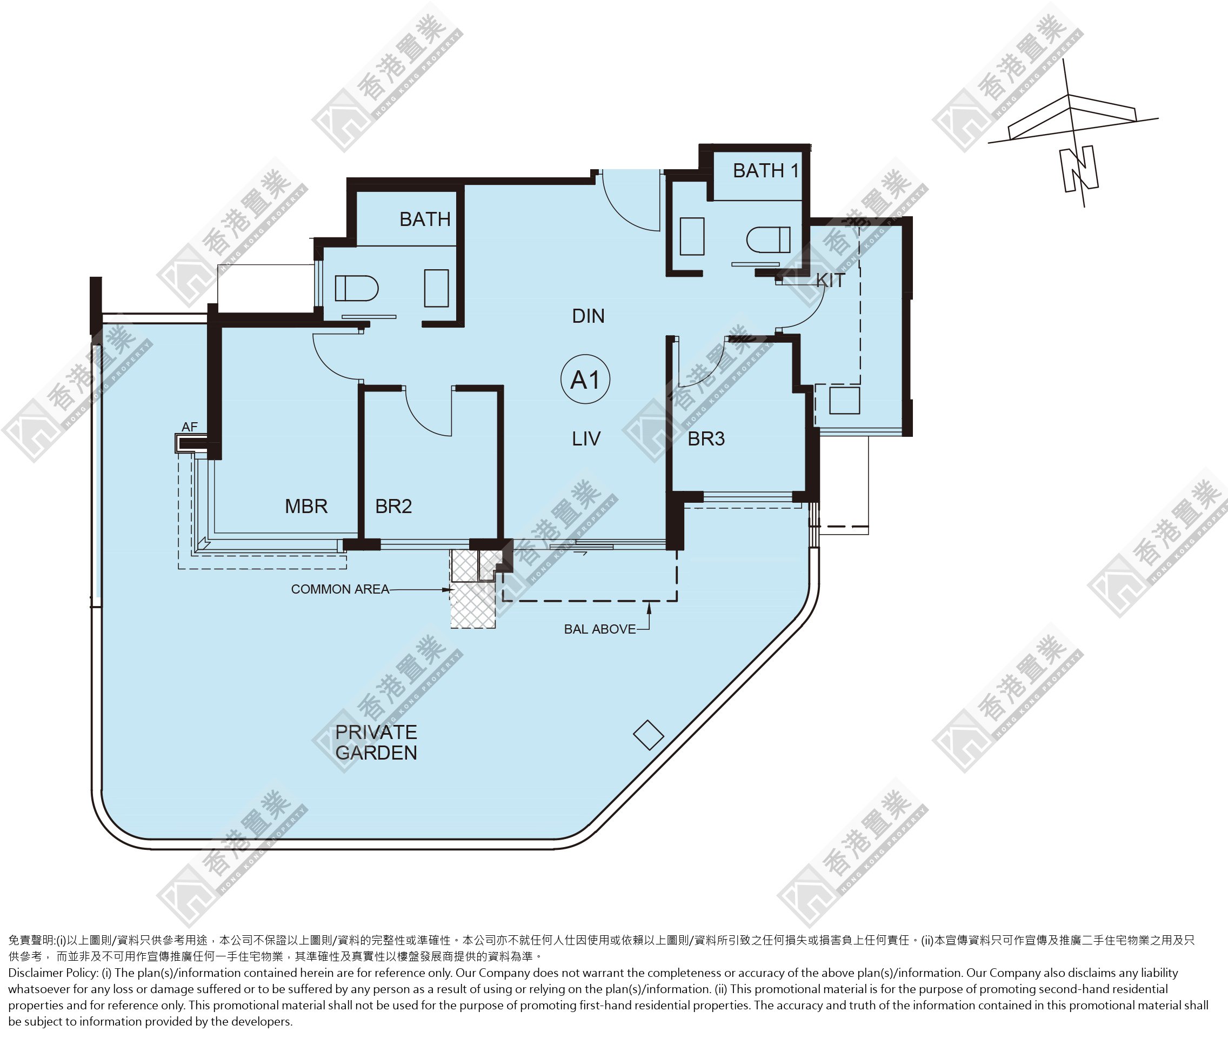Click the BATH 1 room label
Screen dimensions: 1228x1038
pyautogui.click(x=765, y=171)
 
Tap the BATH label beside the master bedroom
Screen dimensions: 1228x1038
pyautogui.click(x=425, y=219)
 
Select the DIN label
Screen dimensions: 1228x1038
pyautogui.click(x=589, y=316)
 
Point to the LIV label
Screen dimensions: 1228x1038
pyautogui.click(x=586, y=438)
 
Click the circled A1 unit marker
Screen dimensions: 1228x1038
pyautogui.click(x=585, y=380)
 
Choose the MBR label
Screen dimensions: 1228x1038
pyautogui.click(x=306, y=506)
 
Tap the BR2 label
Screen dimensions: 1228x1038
pyautogui.click(x=393, y=506)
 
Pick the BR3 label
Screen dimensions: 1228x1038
pyautogui.click(x=706, y=438)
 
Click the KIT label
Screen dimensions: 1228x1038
pyautogui.click(x=830, y=281)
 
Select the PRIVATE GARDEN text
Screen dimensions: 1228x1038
pyautogui.click(x=376, y=742)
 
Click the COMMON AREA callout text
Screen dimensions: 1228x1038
pyautogui.click(x=340, y=589)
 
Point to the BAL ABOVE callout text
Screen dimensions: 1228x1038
pyautogui.click(x=599, y=629)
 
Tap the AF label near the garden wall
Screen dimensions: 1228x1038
pyautogui.click(x=190, y=427)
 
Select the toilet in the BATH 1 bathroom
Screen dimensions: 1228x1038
pyautogui.click(x=768, y=240)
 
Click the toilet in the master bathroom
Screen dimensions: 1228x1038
pyautogui.click(x=357, y=288)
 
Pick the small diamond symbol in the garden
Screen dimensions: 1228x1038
pyautogui.click(x=649, y=735)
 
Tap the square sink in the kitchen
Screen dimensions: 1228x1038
pyautogui.click(x=844, y=400)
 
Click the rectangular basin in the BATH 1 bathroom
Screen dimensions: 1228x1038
pyautogui.click(x=692, y=236)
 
